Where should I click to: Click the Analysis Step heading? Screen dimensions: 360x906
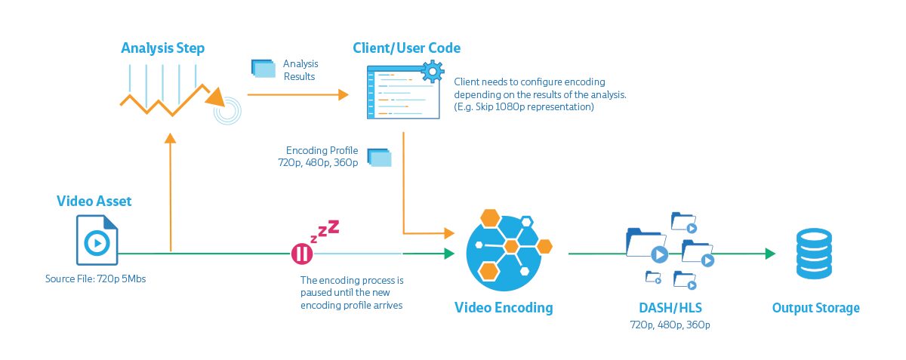pos(163,48)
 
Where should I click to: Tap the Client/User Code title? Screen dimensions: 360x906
pos(406,48)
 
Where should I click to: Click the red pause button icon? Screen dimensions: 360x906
pos(301,254)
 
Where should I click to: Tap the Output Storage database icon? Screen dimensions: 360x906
pos(815,255)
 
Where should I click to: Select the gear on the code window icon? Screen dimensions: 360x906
pos(432,73)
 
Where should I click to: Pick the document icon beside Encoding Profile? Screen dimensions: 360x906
pos(379,157)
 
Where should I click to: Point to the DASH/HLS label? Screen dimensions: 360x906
pos(670,308)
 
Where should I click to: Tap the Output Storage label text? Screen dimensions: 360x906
pos(815,308)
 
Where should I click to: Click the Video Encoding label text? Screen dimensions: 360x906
pos(503,308)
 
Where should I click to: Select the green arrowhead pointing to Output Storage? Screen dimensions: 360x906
pos(770,254)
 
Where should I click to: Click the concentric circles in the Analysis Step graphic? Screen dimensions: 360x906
pos(226,111)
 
